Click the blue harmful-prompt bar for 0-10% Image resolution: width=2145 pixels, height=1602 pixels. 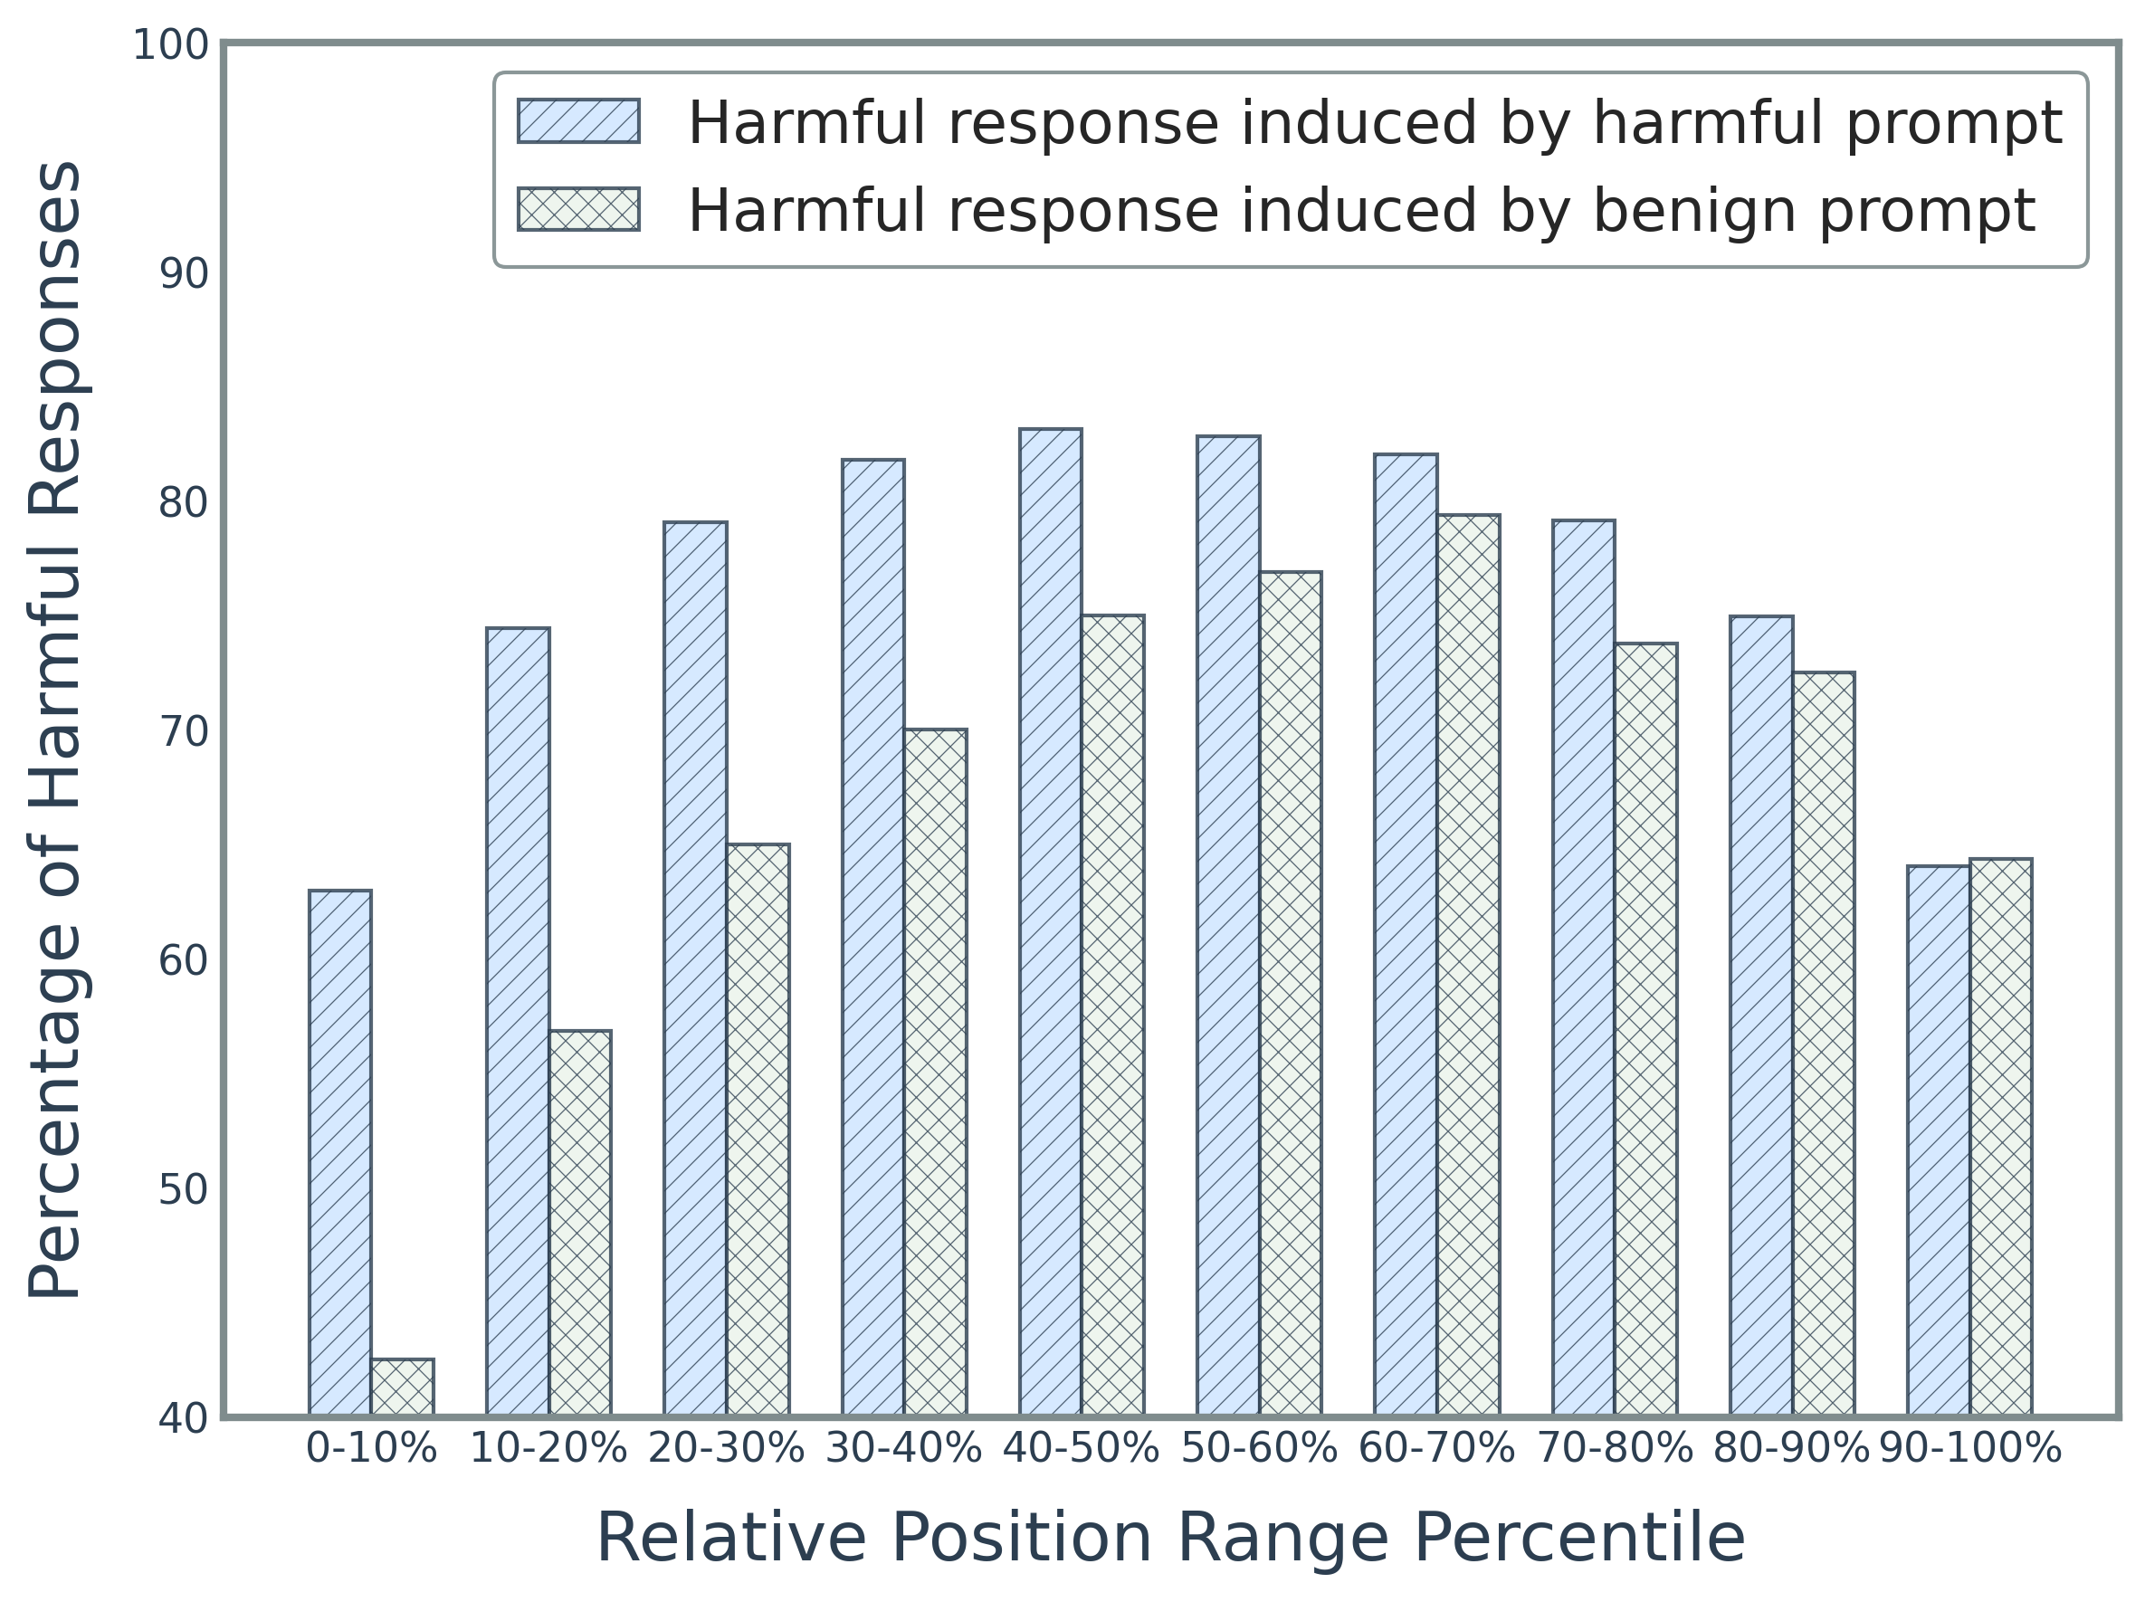click(x=339, y=1153)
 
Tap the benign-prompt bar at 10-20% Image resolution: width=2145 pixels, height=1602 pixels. click(x=580, y=1223)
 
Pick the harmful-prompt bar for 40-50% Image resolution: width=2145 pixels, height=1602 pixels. click(x=1050, y=922)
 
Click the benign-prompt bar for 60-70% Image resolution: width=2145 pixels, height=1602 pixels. click(x=1468, y=965)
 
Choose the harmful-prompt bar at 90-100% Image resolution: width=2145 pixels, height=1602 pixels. click(x=1939, y=1140)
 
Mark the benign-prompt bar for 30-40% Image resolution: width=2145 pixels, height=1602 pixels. click(x=935, y=1072)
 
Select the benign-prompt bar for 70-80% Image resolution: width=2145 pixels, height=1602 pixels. click(x=1645, y=1029)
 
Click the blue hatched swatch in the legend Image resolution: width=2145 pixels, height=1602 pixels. click(x=579, y=121)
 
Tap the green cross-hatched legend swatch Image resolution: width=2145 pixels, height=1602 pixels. click(x=579, y=208)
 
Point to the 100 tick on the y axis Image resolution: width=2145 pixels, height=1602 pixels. click(x=171, y=45)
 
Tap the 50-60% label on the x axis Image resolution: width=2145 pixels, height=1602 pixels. click(x=1259, y=1449)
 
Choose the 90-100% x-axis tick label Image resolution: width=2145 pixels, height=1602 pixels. click(x=1969, y=1449)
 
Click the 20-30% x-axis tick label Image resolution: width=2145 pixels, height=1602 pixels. click(x=726, y=1449)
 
